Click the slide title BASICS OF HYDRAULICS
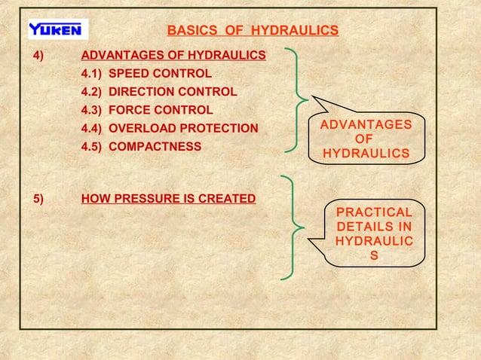(252, 31)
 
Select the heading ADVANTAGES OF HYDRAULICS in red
(173, 56)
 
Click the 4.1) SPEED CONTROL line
(146, 74)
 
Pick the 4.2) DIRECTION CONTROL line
(158, 92)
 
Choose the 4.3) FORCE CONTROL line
(147, 110)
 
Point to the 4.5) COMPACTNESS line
(141, 146)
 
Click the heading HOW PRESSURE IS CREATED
(168, 200)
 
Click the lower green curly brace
(294, 227)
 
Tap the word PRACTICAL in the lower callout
(374, 212)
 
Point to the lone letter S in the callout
(374, 256)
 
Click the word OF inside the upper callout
(366, 139)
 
